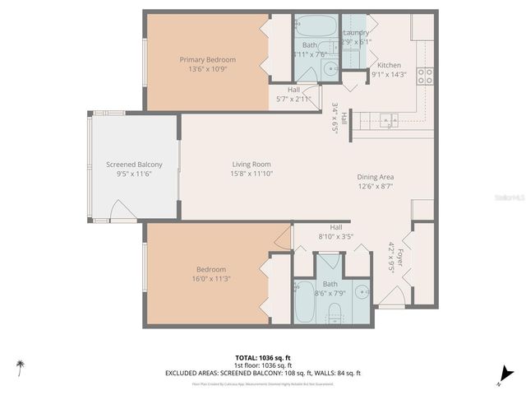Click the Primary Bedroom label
tap(208, 59)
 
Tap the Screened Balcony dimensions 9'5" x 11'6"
tap(134, 174)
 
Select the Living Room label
tap(251, 165)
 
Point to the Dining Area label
tap(376, 177)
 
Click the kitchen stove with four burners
tap(426, 77)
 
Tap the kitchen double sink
tap(389, 120)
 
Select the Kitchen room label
tap(389, 65)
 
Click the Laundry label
tap(355, 33)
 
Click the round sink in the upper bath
tap(330, 69)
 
